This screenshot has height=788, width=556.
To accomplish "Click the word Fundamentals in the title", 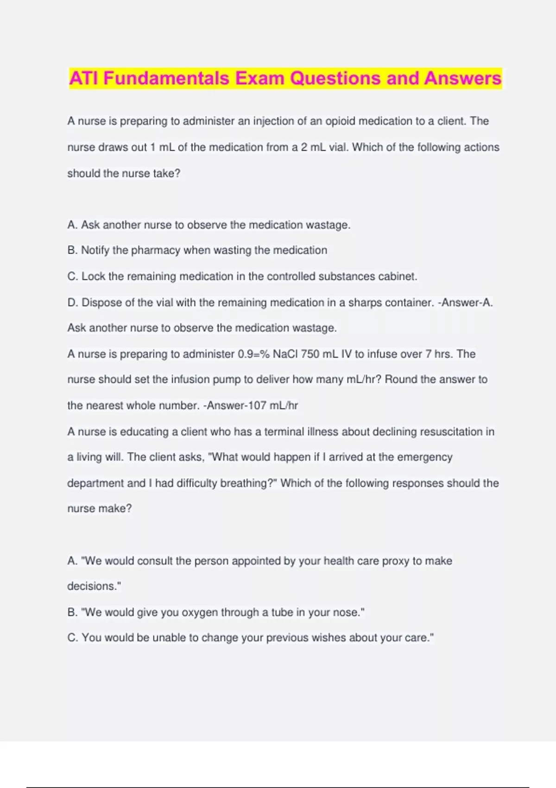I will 166,78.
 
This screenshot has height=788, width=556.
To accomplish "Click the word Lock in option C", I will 94,276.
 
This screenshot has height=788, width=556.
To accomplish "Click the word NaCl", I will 285,354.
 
